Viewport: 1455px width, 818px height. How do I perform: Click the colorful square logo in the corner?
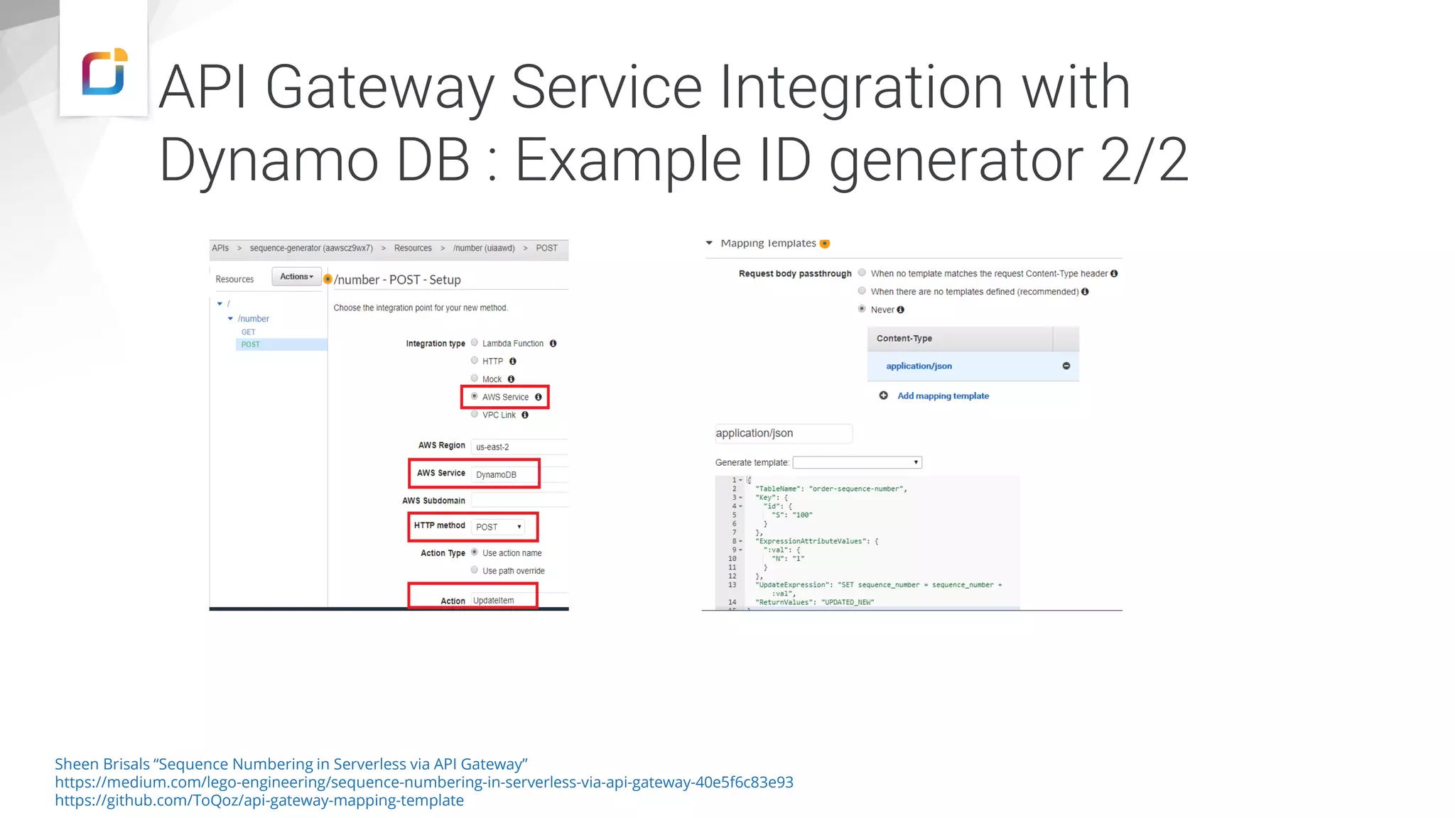[x=104, y=71]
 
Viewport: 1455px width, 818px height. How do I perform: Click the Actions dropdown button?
[x=296, y=277]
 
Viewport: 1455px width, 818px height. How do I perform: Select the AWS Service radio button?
[x=475, y=396]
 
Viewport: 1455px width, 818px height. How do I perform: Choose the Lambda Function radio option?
[x=475, y=343]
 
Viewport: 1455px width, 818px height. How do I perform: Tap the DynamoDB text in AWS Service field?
[x=496, y=474]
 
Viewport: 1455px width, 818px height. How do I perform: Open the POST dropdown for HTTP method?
[x=499, y=527]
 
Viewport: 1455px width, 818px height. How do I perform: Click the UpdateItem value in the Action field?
[x=494, y=601]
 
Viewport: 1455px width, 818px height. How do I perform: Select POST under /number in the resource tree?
[x=251, y=344]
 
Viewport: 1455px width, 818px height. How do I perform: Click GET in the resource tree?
[x=248, y=332]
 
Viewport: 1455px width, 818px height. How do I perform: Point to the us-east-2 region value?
[x=492, y=447]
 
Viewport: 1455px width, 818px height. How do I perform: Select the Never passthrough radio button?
[x=862, y=309]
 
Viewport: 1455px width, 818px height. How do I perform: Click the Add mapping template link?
[x=943, y=396]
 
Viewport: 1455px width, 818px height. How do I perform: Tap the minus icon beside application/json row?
[x=1066, y=366]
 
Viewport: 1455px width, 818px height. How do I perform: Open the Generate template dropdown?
[x=857, y=462]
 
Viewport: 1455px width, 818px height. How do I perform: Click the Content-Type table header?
[x=904, y=338]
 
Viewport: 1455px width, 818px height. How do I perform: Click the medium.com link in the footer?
[x=423, y=782]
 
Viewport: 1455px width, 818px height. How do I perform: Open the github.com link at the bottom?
[x=259, y=800]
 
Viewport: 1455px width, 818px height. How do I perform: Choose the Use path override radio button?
[x=475, y=569]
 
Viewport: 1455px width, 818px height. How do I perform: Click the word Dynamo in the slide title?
[x=269, y=160]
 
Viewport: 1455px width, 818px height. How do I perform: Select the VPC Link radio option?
[x=475, y=415]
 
